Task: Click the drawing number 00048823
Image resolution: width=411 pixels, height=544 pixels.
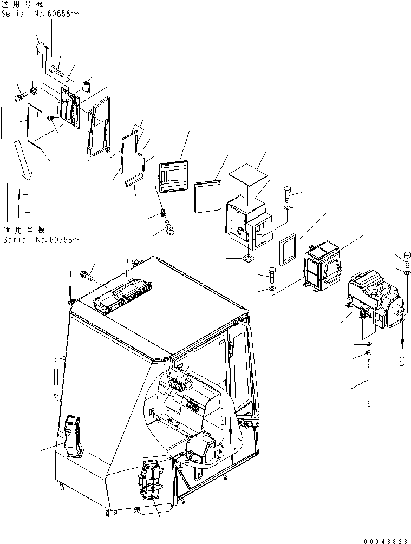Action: (387, 540)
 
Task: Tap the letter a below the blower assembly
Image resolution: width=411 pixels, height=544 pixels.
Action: (402, 362)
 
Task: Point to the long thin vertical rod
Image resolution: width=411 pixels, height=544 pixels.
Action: (369, 384)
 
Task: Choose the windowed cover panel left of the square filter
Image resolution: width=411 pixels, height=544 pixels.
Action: (173, 176)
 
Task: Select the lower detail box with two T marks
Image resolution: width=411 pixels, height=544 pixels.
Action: (34, 202)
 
